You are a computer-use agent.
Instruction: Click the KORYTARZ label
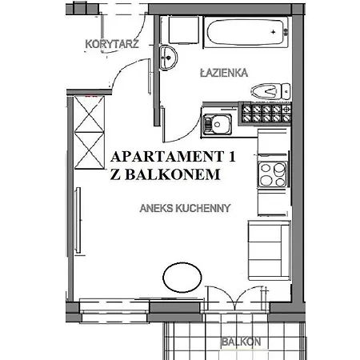111,45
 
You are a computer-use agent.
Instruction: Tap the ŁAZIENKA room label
224,72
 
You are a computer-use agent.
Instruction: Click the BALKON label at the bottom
242,342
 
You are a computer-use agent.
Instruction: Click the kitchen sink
217,124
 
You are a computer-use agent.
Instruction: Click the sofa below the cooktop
268,249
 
